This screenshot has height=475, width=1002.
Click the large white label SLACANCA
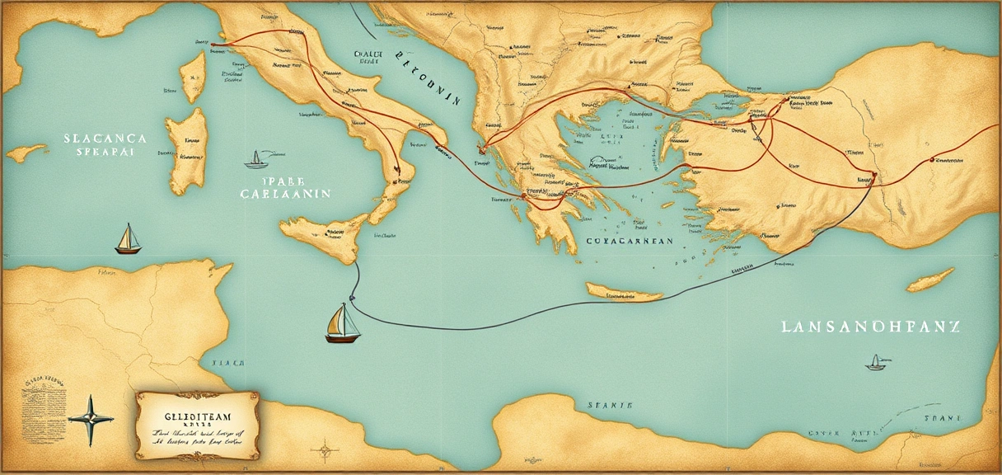[x=105, y=139]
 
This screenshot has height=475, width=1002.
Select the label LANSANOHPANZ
[x=870, y=327]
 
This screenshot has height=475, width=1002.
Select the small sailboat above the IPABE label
[x=256, y=159]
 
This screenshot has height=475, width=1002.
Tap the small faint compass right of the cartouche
[x=325, y=450]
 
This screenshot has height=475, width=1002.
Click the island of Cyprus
[x=930, y=280]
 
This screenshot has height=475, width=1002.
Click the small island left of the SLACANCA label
[x=26, y=153]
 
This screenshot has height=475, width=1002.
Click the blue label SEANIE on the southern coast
[x=610, y=406]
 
